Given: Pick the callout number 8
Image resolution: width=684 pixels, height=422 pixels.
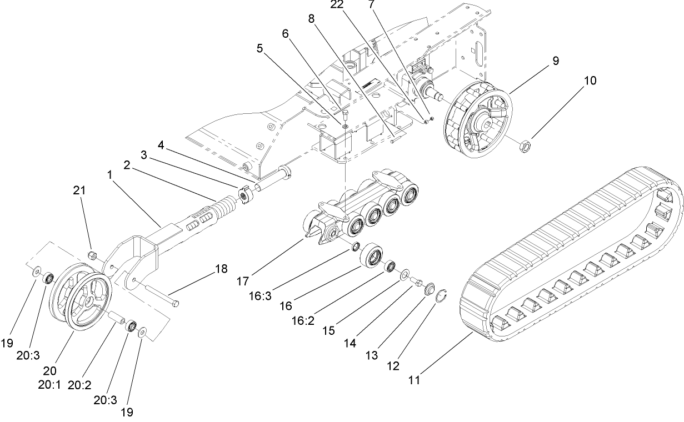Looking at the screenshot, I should click(x=312, y=18).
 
